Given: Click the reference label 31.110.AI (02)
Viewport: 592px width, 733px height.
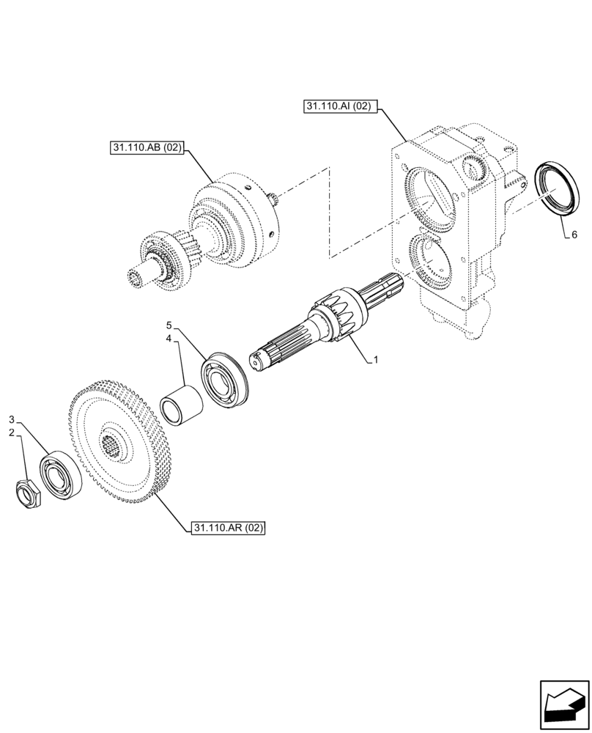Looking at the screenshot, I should [x=338, y=107].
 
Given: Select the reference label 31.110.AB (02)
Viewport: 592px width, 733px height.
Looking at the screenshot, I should [x=147, y=148].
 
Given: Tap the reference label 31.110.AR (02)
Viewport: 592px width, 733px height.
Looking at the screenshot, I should [x=227, y=528].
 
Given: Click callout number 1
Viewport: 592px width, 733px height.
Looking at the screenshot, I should [x=376, y=360].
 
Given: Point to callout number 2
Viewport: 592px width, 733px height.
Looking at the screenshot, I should [x=12, y=432].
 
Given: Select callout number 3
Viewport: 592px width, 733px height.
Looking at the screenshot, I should [x=12, y=419].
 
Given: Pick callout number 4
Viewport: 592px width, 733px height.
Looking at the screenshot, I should [x=169, y=339].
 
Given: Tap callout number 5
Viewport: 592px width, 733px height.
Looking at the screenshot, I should [x=169, y=325].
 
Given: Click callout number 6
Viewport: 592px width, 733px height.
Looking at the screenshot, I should [x=574, y=235].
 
